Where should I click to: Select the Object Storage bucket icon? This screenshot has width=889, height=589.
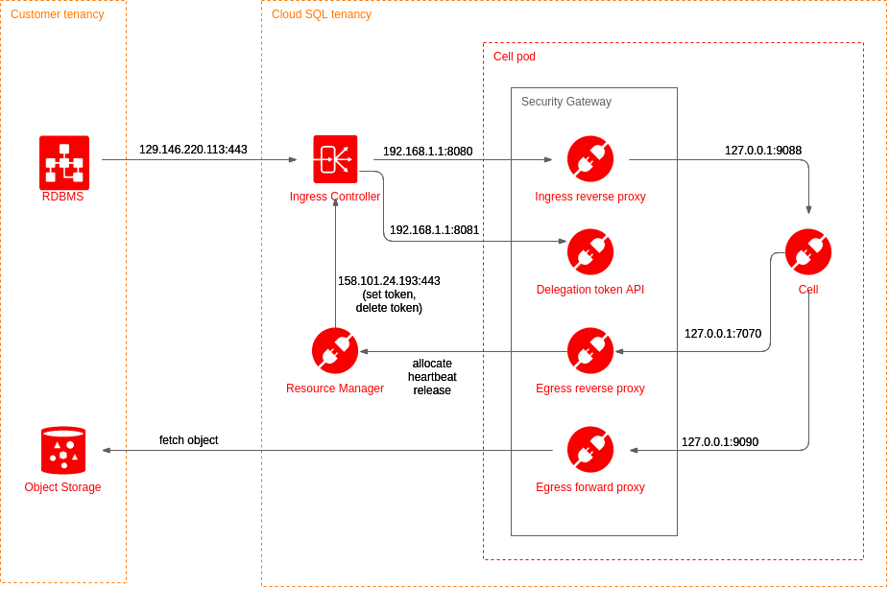coord(63,451)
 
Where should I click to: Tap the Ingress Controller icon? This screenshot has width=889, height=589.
coord(335,159)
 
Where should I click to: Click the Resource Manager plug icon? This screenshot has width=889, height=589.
coord(335,351)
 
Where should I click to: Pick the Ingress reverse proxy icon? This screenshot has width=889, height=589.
coord(590,159)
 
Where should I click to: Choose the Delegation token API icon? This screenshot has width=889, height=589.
coord(590,252)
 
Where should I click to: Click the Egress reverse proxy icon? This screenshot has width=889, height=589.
coord(590,351)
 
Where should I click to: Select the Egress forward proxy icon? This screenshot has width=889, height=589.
coord(590,450)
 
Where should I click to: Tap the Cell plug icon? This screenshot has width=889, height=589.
coord(808,252)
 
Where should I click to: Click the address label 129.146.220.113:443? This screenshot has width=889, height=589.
coord(193,150)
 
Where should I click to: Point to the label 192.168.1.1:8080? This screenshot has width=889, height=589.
coord(427,151)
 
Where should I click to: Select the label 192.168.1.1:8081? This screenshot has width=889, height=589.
coord(434,230)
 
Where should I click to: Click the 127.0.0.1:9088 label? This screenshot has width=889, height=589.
coord(763,151)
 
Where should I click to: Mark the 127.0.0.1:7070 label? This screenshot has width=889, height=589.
coord(723,334)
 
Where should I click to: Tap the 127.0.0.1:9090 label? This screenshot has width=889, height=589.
coord(720,442)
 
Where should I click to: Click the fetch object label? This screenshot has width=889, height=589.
coord(188,440)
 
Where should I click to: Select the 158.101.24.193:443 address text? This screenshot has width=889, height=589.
coord(389,281)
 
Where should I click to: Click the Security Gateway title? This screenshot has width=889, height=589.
coord(566,102)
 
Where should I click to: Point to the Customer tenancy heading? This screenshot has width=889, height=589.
coord(58,14)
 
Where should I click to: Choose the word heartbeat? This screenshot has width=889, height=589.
coord(432,377)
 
